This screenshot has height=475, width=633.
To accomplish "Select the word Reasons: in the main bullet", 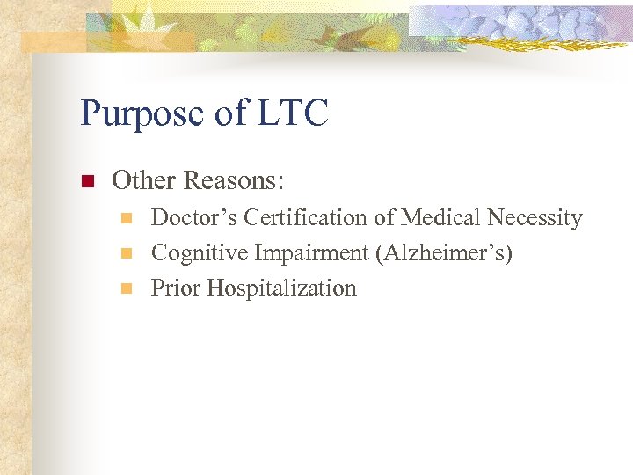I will (x=233, y=181).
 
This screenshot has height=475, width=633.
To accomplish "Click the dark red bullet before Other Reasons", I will (x=87, y=182).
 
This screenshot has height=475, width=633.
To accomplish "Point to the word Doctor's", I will (x=194, y=217).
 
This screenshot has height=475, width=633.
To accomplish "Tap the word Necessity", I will (x=537, y=218).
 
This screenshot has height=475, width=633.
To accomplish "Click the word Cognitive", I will (x=200, y=253).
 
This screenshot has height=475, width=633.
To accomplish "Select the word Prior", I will (x=176, y=289).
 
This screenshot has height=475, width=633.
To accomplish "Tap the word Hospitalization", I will (x=281, y=289).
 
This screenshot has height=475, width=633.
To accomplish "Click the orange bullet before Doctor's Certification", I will (x=126, y=217).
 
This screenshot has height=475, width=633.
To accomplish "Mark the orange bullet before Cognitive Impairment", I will (x=126, y=253).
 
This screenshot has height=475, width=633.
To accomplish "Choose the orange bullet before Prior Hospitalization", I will (x=126, y=289).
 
